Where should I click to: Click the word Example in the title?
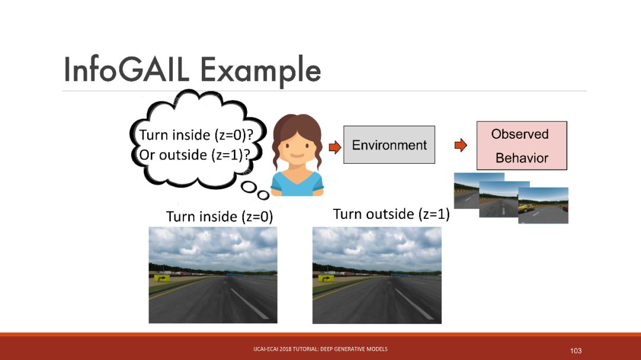point(260,72)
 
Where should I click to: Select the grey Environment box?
point(389,145)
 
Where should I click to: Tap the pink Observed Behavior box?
point(522,145)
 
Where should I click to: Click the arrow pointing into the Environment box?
point(335,146)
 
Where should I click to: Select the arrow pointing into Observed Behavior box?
point(461,145)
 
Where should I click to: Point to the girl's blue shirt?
point(297,184)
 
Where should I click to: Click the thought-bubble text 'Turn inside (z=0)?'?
point(196,135)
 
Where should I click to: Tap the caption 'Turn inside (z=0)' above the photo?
point(220,216)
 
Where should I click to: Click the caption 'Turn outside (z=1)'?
point(391,214)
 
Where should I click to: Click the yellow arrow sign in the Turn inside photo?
point(162,279)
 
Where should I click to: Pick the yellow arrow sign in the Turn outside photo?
point(326,279)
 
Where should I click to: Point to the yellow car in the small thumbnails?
point(526,208)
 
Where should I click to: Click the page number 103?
point(576,351)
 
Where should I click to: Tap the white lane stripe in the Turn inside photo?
point(249,304)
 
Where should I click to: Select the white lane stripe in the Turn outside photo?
point(414,304)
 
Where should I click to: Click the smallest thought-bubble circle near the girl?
point(264,195)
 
